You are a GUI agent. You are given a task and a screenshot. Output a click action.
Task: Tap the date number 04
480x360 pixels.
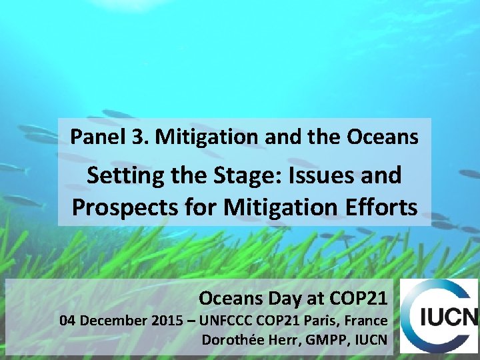68,321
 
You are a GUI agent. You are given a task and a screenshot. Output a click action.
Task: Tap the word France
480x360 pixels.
367,321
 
